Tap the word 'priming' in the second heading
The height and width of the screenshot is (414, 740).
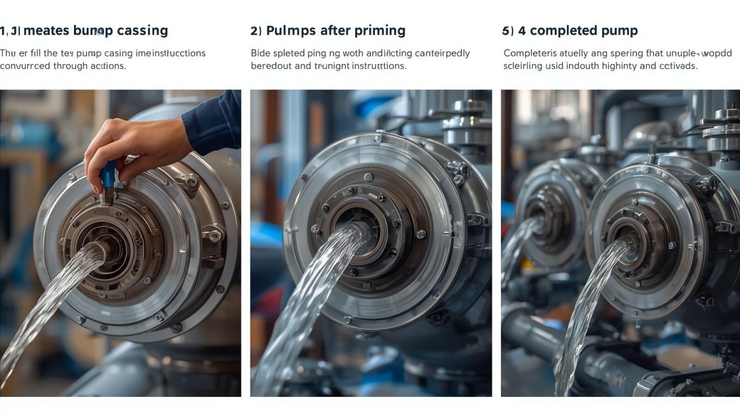379,31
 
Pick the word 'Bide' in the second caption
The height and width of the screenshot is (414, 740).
261,53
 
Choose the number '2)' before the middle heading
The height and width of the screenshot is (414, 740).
256,31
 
